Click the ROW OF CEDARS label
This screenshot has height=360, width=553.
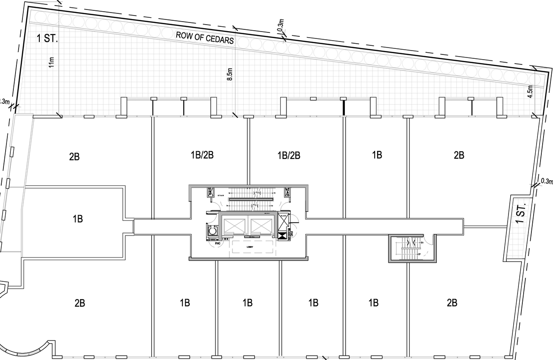coord(204,38)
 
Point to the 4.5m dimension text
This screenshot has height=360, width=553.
coord(531,91)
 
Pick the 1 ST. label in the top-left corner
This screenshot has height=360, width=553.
coord(47,38)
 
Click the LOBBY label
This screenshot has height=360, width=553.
coord(249,247)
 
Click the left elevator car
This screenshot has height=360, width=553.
coord(234,226)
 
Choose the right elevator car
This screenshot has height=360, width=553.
coord(262,226)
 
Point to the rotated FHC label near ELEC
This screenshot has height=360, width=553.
coord(292,235)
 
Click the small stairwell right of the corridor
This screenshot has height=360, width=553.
coord(410,249)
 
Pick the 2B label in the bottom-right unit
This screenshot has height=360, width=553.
coord(452,303)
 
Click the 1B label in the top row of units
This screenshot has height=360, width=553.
coord(377,155)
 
